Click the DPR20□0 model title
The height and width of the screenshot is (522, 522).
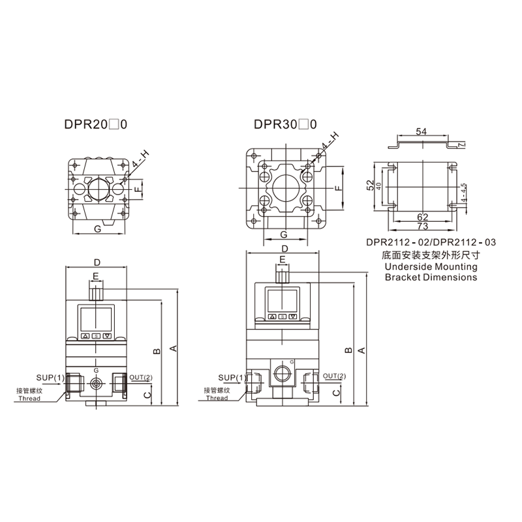95,124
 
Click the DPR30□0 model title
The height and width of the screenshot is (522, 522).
285,124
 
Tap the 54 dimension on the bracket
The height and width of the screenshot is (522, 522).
421,132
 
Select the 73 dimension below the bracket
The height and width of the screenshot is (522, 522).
422,226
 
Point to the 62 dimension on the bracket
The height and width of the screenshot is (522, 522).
422,217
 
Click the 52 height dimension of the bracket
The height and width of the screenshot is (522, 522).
370,185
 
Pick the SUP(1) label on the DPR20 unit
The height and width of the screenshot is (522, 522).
50,378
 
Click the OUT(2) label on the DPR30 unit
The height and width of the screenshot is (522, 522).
334,376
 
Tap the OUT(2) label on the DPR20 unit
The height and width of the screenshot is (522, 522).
141,377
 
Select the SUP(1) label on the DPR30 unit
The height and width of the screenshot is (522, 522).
232,378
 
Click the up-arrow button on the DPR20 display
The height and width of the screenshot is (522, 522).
85,336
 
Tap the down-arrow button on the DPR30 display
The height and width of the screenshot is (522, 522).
292,316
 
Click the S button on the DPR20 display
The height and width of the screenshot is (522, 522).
96,336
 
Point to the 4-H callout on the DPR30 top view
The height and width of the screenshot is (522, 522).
330,141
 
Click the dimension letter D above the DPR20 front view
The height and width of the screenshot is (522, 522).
97,263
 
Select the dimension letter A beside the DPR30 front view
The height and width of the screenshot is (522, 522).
361,350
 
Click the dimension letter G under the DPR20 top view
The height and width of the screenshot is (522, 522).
97,229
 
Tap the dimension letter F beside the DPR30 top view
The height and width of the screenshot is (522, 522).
339,188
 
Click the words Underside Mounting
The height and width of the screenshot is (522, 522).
431,267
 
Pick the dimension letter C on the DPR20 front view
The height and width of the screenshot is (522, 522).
147,395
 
